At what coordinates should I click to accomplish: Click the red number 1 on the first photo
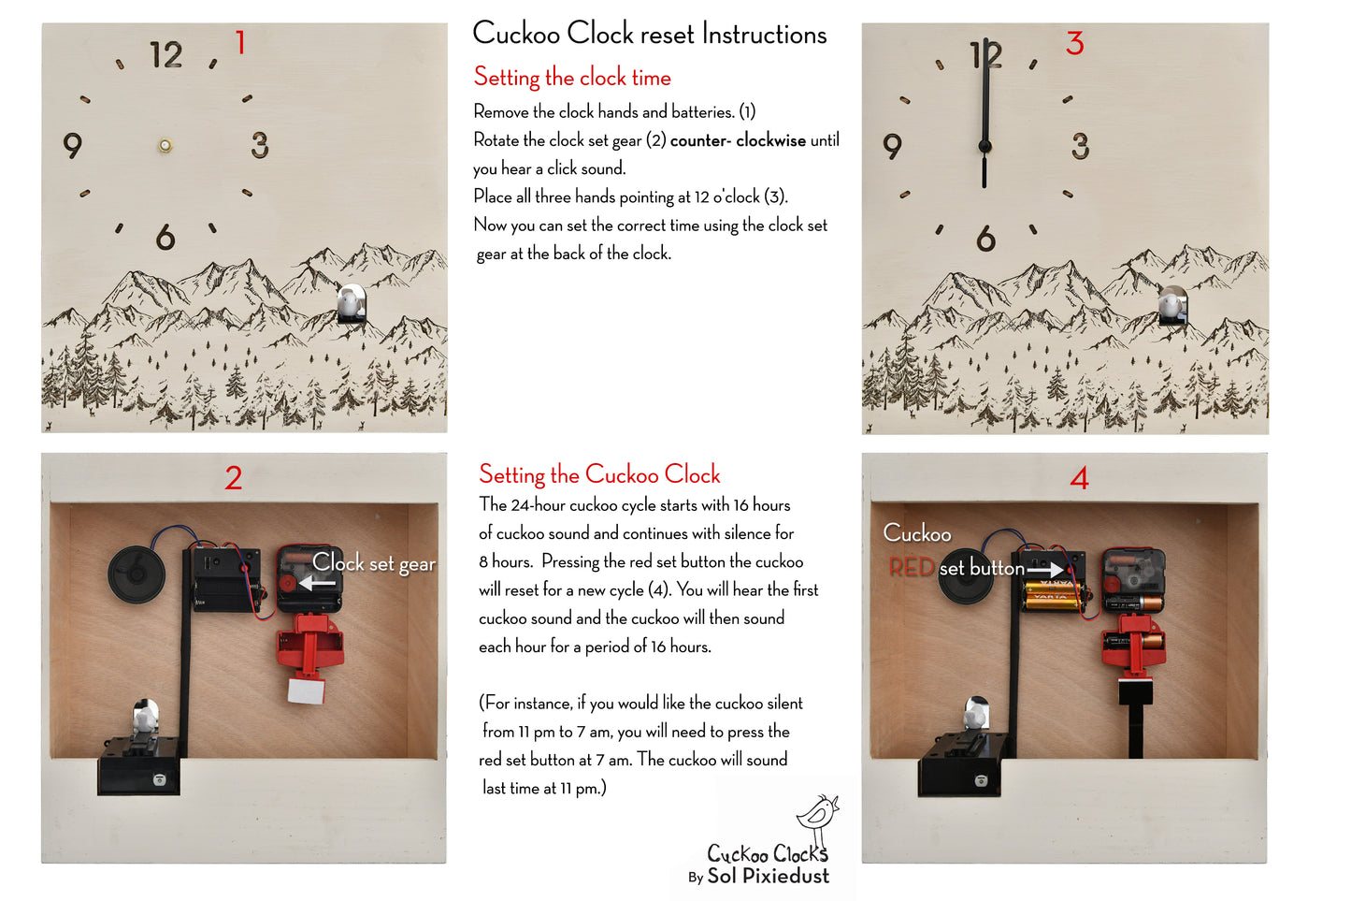(240, 43)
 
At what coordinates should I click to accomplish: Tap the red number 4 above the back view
(1079, 479)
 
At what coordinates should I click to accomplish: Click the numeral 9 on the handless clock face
(73, 146)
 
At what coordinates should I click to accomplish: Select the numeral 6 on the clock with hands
(985, 240)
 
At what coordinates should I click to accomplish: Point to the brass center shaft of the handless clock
(165, 145)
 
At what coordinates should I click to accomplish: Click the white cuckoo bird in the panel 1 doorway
(350, 302)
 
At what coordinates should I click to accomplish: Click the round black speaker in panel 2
(136, 573)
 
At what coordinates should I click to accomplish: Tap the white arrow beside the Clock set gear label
(317, 583)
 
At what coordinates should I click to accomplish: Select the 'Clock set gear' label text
(374, 563)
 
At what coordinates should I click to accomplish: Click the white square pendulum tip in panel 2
(306, 690)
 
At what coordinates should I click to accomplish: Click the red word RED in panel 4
(911, 567)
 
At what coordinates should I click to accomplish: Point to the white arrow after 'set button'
(1045, 569)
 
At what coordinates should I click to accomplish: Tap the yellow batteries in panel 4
(1051, 594)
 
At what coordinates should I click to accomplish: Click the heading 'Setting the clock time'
(571, 77)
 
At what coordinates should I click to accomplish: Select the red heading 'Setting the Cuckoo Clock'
(599, 474)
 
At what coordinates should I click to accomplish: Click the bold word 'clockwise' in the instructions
(770, 140)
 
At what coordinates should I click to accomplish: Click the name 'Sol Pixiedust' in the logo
(768, 877)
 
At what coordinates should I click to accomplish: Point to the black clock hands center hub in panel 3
(985, 146)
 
